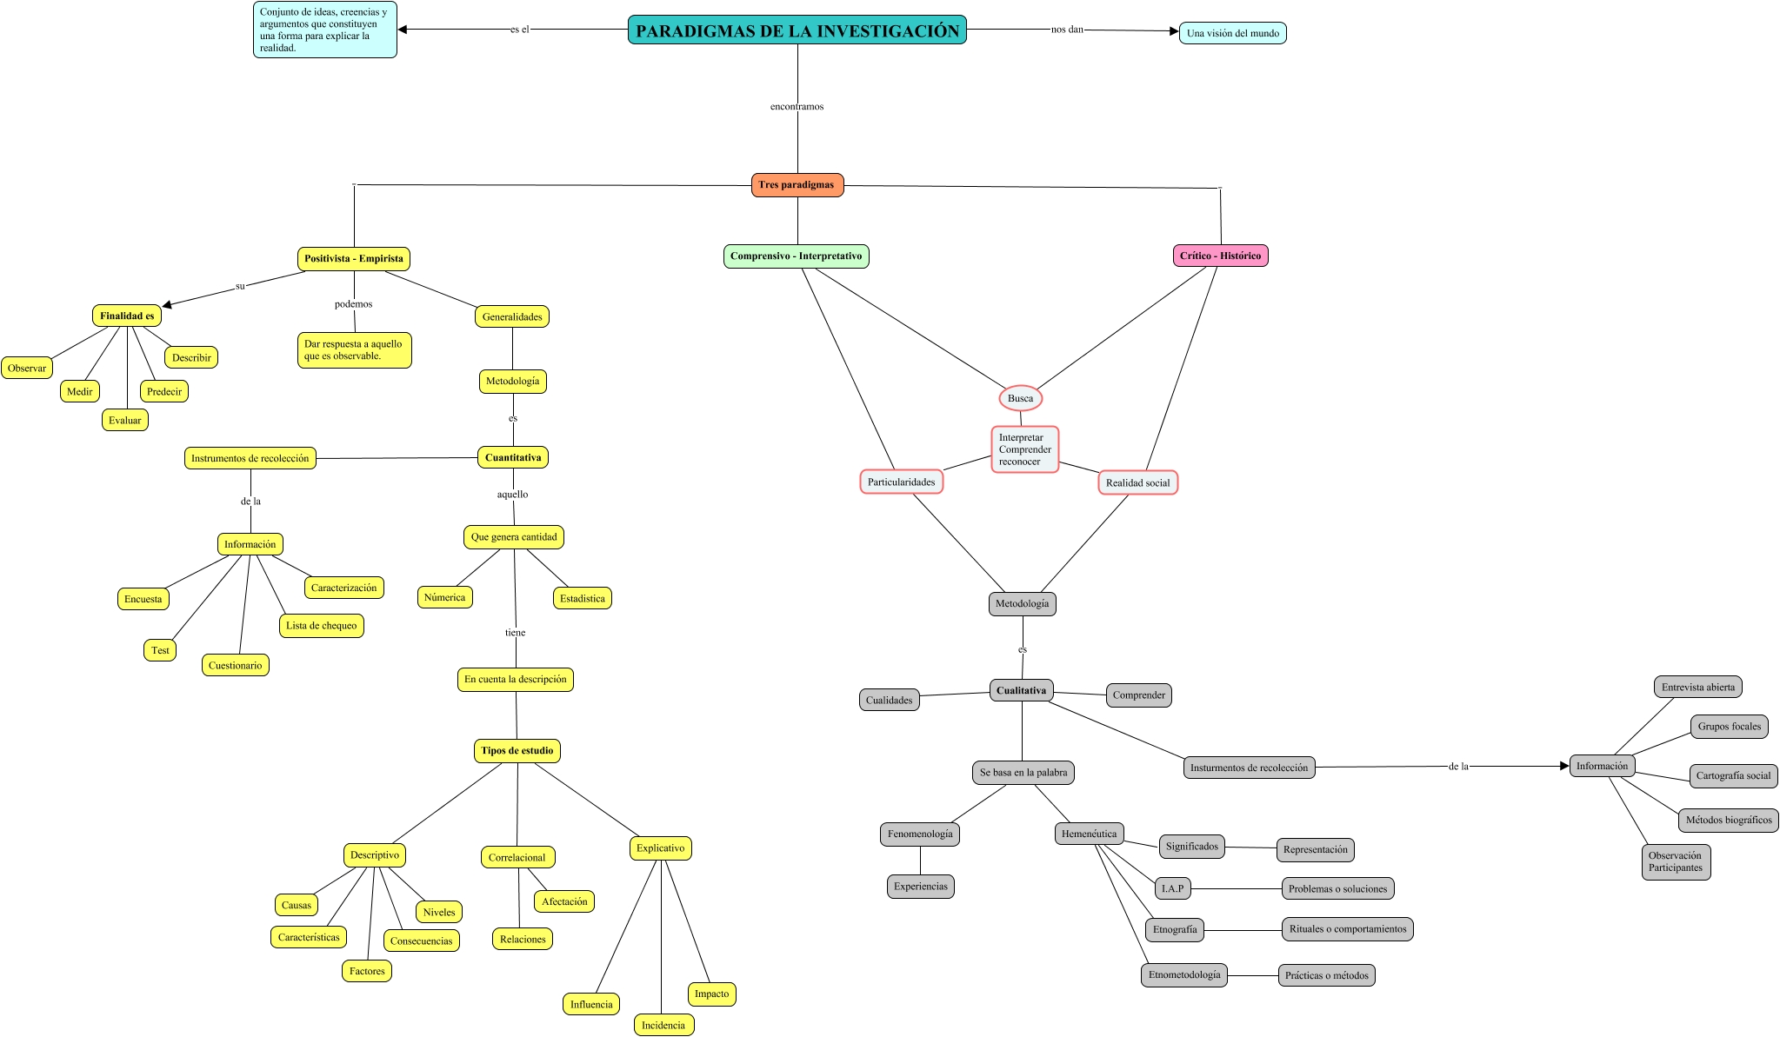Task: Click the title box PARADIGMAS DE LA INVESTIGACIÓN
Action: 797,30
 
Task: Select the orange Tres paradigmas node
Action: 797,185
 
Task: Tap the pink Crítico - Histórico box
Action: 1220,256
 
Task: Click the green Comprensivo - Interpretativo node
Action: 796,256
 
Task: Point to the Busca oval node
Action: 1020,398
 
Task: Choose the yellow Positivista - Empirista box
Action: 353,259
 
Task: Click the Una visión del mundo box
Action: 1232,33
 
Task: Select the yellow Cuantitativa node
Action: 512,457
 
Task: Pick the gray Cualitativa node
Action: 1021,690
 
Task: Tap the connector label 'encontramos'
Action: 797,107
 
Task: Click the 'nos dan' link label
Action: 1067,30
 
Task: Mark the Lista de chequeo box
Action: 321,626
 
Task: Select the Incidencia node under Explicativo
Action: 663,1025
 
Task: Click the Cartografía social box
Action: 1733,775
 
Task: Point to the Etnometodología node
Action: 1183,975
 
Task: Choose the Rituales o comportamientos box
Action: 1347,929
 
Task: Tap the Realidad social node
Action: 1137,483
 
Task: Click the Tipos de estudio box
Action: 517,751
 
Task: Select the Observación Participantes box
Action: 1676,861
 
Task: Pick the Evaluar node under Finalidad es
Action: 124,421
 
